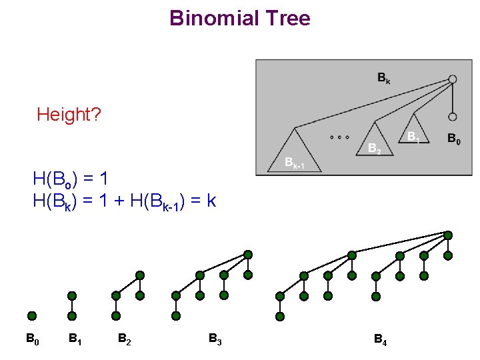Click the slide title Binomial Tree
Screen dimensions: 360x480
pyautogui.click(x=240, y=18)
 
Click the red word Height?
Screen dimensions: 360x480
pyautogui.click(x=69, y=115)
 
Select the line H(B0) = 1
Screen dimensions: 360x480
pyautogui.click(x=70, y=179)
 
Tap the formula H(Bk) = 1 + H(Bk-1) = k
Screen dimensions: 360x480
pyautogui.click(x=124, y=200)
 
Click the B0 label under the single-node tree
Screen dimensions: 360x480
pyautogui.click(x=32, y=339)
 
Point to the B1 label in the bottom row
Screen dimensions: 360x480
pyautogui.click(x=75, y=339)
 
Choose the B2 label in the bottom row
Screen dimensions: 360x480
pyautogui.click(x=124, y=339)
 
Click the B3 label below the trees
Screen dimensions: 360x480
pyautogui.click(x=215, y=339)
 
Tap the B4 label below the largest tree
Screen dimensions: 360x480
pyautogui.click(x=380, y=341)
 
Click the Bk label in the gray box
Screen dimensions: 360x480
pyautogui.click(x=384, y=79)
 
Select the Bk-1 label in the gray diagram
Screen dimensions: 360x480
pyautogui.click(x=294, y=163)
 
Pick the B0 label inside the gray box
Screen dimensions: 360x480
pyautogui.click(x=453, y=139)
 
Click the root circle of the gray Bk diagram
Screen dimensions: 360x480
pyautogui.click(x=453, y=79)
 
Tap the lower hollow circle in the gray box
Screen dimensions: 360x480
pyautogui.click(x=453, y=117)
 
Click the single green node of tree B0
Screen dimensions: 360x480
pyautogui.click(x=32, y=316)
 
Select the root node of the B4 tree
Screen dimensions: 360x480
pyautogui.click(x=448, y=235)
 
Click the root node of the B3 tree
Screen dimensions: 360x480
pyautogui.click(x=248, y=255)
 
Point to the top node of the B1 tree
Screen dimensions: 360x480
pyautogui.click(x=72, y=295)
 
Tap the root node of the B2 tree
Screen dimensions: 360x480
pyautogui.click(x=140, y=275)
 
